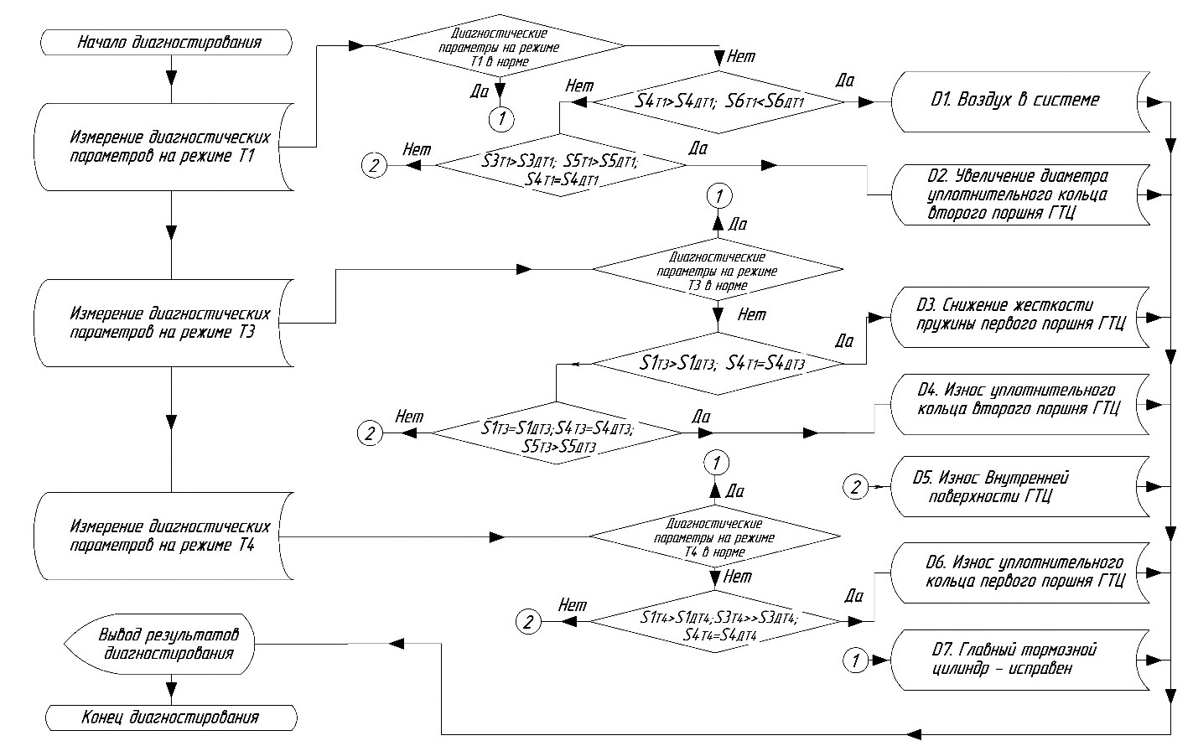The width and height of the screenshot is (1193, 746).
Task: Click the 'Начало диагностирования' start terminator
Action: tap(169, 42)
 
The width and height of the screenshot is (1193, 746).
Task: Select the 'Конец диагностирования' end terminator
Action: tap(170, 718)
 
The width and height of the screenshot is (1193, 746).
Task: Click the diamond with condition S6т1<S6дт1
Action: tap(718, 102)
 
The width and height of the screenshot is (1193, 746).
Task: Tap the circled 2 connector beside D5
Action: tap(855, 487)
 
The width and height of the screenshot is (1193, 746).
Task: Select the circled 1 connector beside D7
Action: tap(855, 660)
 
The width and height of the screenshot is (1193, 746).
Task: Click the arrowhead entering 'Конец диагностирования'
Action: tap(171, 692)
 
